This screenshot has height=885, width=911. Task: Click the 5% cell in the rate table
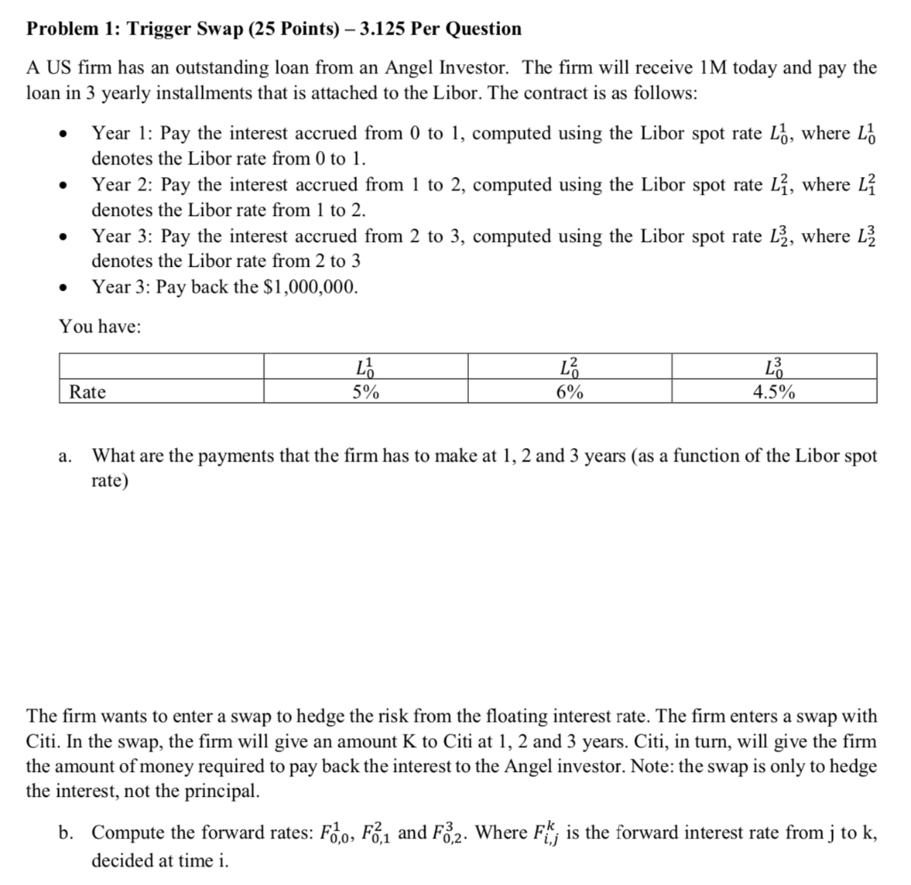coord(366,391)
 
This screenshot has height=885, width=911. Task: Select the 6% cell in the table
coord(570,391)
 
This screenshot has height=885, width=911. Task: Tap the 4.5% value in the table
coord(774,391)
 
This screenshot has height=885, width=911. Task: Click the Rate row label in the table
coord(88,391)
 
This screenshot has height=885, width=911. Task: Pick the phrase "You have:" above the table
coord(100,326)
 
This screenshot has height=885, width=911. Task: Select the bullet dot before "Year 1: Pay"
coord(61,135)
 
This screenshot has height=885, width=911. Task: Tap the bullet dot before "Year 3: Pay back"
coord(61,288)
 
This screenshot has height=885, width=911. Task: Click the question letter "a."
coord(66,456)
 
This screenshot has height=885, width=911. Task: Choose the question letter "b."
coord(66,833)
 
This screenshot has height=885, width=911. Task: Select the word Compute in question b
coord(126,833)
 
